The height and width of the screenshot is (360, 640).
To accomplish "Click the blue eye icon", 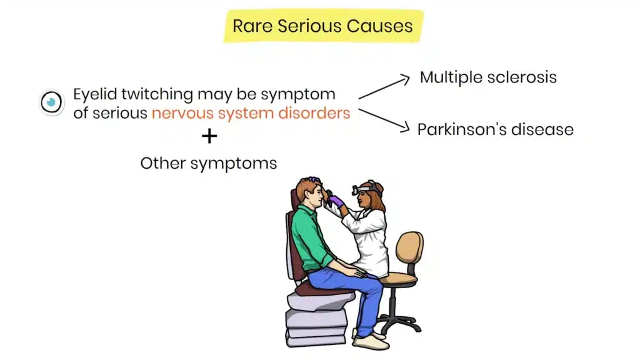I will pos(52,101).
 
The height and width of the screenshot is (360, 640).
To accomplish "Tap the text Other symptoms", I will pos(208,163).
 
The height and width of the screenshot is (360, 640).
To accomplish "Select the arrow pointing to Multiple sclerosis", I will pos(384,87).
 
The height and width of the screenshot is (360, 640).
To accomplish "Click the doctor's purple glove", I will pos(336,201).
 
